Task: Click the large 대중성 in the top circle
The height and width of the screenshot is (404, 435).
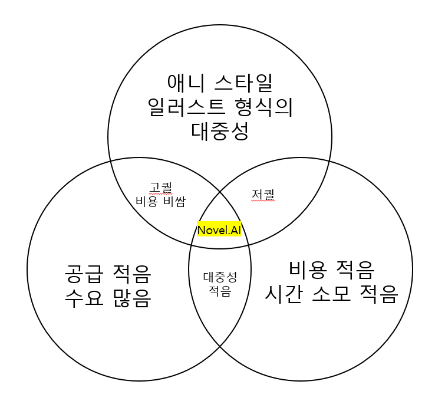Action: (220, 132)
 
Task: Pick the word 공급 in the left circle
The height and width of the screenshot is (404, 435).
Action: (84, 274)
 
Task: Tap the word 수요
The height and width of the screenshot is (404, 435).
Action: (84, 300)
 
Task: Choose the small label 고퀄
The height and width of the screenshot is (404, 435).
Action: (160, 188)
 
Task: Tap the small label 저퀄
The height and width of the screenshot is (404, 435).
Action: (263, 193)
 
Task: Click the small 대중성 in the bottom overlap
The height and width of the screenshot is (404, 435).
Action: (220, 276)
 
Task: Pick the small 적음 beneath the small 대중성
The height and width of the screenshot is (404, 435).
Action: (220, 290)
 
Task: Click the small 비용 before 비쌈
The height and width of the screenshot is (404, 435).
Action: (147, 201)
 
